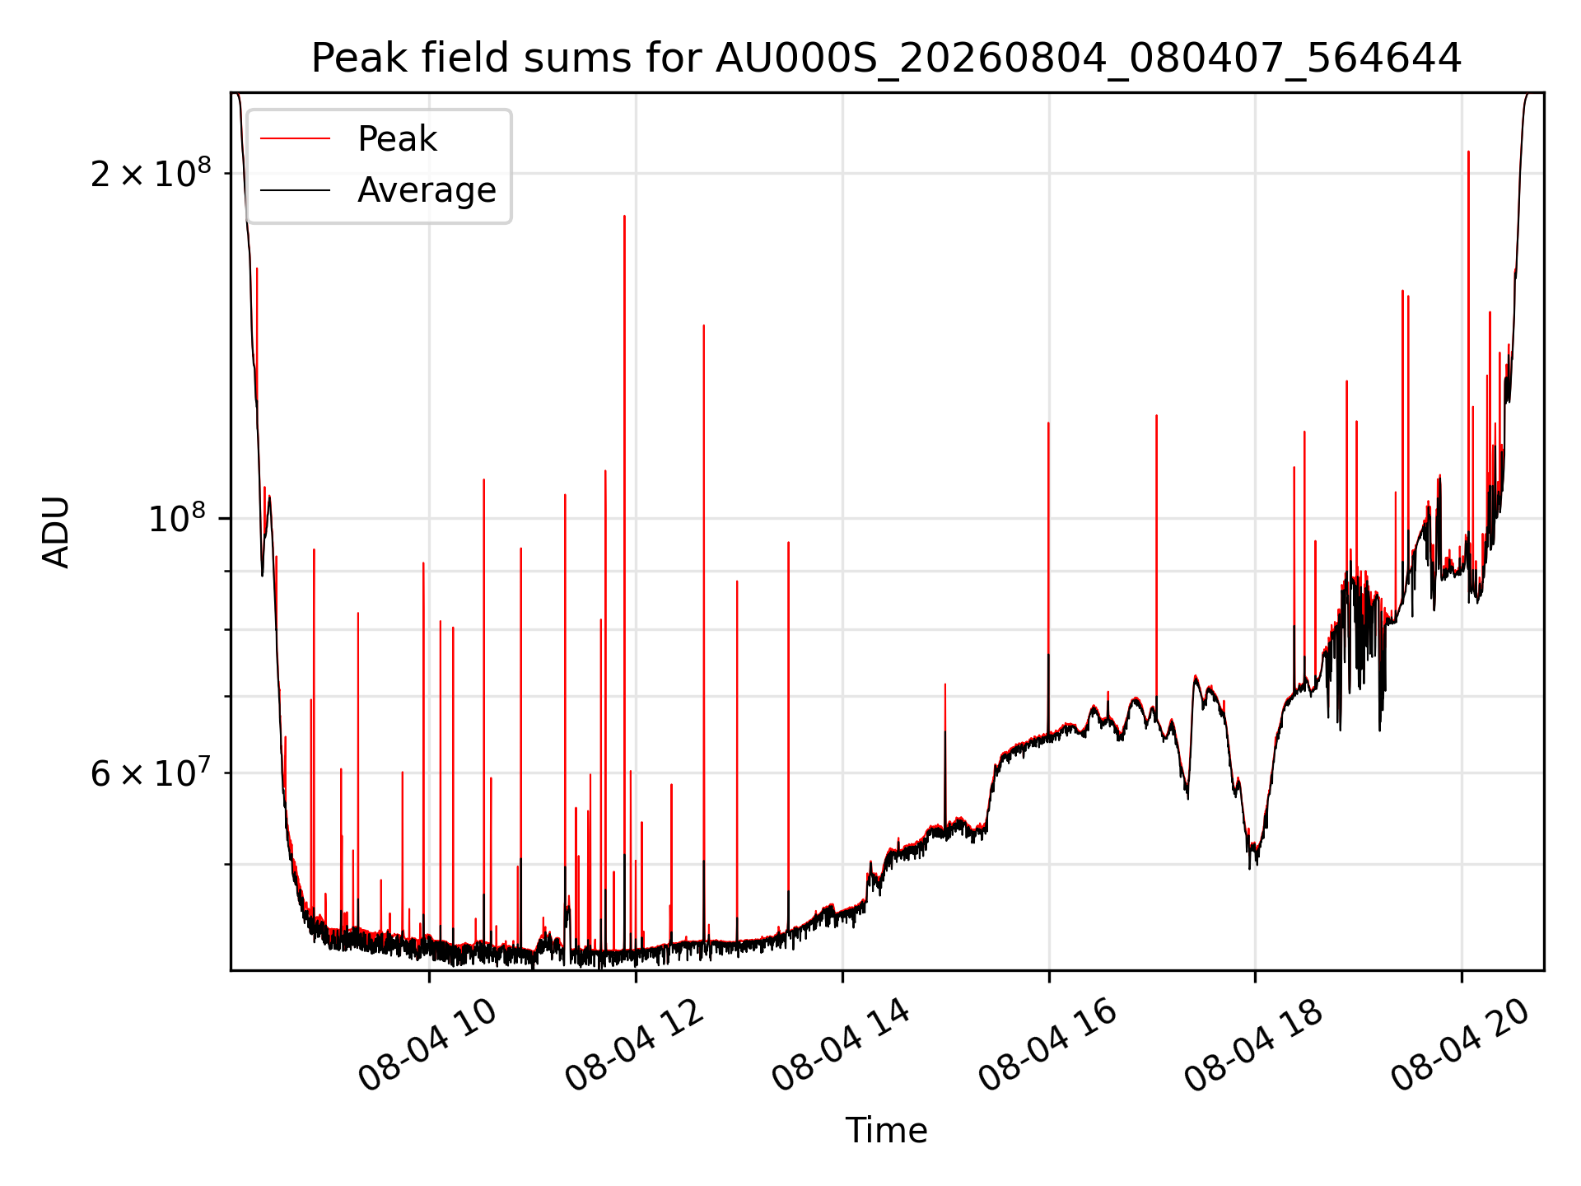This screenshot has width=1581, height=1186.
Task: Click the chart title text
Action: pos(886,58)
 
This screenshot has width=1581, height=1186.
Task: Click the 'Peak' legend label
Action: pos(397,139)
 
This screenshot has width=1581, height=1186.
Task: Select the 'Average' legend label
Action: pos(427,190)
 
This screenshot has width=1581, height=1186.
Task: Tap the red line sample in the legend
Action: pos(296,139)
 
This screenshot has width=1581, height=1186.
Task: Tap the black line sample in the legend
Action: pos(296,190)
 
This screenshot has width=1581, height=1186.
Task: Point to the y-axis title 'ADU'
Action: pos(56,532)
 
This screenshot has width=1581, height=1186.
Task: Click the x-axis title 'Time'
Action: pos(886,1131)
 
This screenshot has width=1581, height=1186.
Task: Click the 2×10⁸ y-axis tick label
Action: pos(151,173)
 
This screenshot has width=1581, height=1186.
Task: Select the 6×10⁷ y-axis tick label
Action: pos(151,773)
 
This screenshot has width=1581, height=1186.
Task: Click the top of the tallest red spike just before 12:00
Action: pos(624,216)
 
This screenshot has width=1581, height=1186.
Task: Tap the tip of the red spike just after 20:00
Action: pos(1468,152)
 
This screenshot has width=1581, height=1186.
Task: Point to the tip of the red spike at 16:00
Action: pos(1048,423)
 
